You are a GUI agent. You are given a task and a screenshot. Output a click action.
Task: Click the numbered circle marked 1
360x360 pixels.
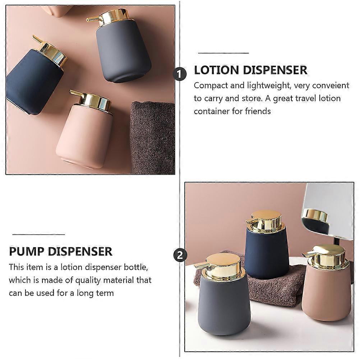[180, 74]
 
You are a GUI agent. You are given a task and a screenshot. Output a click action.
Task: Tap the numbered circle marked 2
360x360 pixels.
[180, 255]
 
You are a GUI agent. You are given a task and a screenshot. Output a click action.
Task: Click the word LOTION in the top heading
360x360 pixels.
[217, 70]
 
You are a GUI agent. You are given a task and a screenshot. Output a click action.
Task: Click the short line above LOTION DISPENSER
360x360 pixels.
[223, 53]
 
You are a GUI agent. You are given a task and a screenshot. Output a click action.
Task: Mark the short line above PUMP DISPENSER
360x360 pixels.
[38, 234]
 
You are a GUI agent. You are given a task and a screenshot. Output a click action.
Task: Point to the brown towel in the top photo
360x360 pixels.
[153, 137]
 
